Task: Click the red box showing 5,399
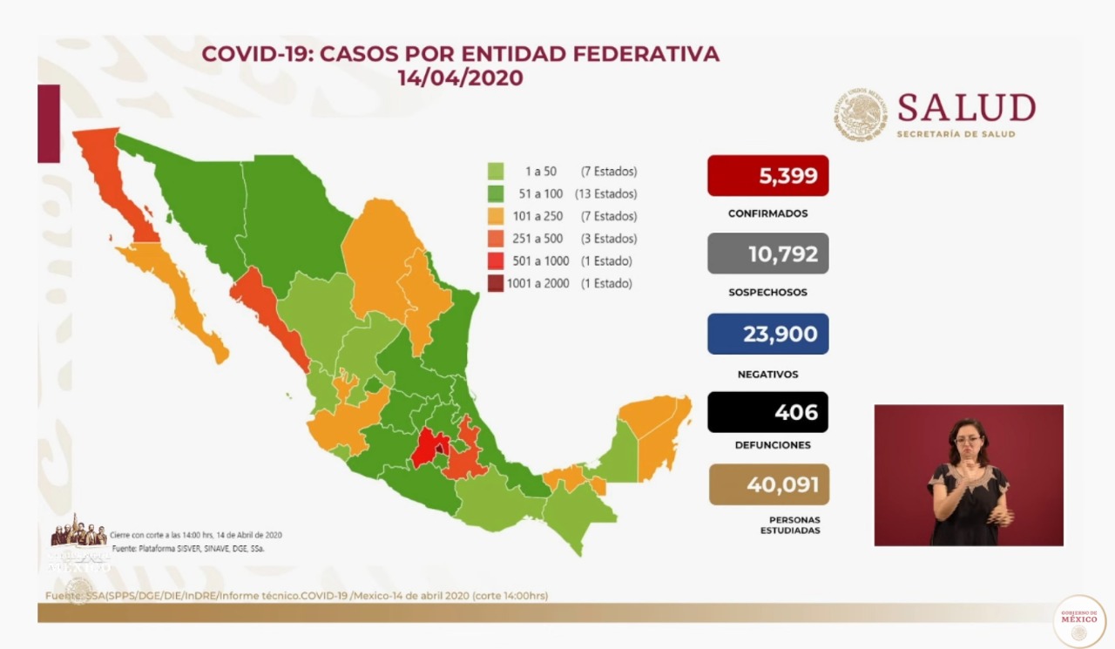click(767, 176)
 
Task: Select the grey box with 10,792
click(767, 254)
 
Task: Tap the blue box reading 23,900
click(767, 334)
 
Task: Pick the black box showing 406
click(767, 411)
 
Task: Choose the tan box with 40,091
click(768, 484)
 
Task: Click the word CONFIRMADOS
click(767, 213)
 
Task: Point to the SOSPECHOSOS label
click(767, 293)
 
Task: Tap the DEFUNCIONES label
click(767, 445)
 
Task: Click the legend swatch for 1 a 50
click(496, 172)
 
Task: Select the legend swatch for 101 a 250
click(496, 216)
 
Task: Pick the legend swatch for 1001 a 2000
click(496, 283)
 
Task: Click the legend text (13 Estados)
click(605, 194)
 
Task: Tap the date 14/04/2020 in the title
click(460, 78)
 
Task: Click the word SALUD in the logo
click(966, 108)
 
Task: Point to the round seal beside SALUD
click(861, 115)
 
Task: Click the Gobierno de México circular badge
click(1078, 621)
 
